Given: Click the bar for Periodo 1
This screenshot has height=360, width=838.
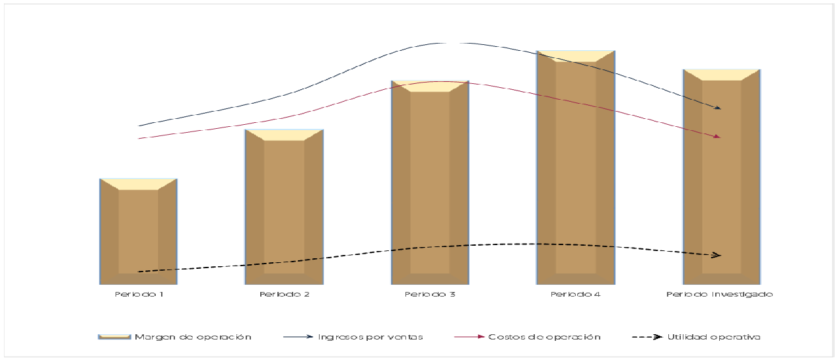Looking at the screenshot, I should click(x=138, y=231).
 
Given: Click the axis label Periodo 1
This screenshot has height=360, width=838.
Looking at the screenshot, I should click(x=138, y=295).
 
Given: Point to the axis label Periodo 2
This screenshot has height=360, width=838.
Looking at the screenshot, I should click(x=284, y=295).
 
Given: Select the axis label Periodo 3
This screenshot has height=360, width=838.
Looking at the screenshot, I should click(x=430, y=295).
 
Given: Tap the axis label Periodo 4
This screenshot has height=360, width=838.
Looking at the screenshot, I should click(x=576, y=295).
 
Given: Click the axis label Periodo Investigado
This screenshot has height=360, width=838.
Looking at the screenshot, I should click(x=719, y=295).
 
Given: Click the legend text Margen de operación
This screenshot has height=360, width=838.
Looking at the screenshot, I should click(x=193, y=337).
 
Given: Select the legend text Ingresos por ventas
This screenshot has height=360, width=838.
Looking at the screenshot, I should click(x=370, y=337).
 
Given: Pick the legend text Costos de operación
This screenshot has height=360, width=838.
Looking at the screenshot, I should click(x=544, y=337).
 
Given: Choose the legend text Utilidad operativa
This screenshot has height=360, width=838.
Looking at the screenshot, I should click(x=714, y=337).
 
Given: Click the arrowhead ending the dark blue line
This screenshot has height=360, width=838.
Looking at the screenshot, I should click(x=717, y=107).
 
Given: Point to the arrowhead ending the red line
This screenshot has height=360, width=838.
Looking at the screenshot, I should click(x=717, y=137).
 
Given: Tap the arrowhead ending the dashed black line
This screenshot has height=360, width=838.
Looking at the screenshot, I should click(x=717, y=255).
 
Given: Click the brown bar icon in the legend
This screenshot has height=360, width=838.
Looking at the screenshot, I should click(x=114, y=337).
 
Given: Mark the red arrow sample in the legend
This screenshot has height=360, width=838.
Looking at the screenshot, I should click(x=470, y=337).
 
